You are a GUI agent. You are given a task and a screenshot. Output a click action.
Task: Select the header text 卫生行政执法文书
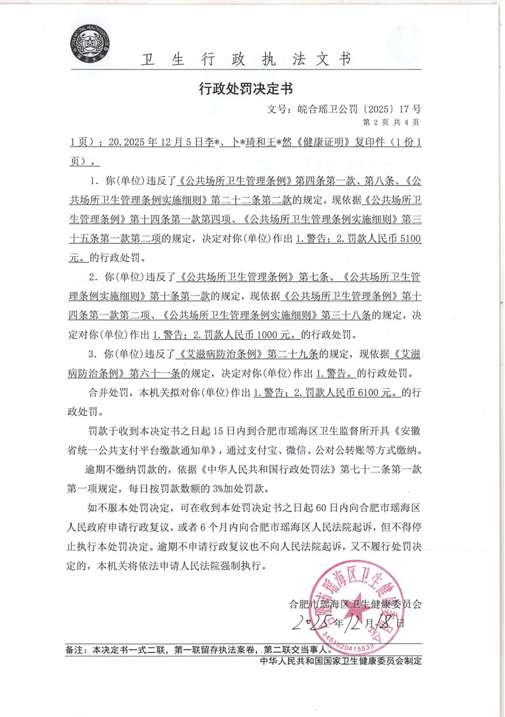coord(245,60)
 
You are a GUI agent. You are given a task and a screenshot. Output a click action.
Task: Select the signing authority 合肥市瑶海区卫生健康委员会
coord(355,602)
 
